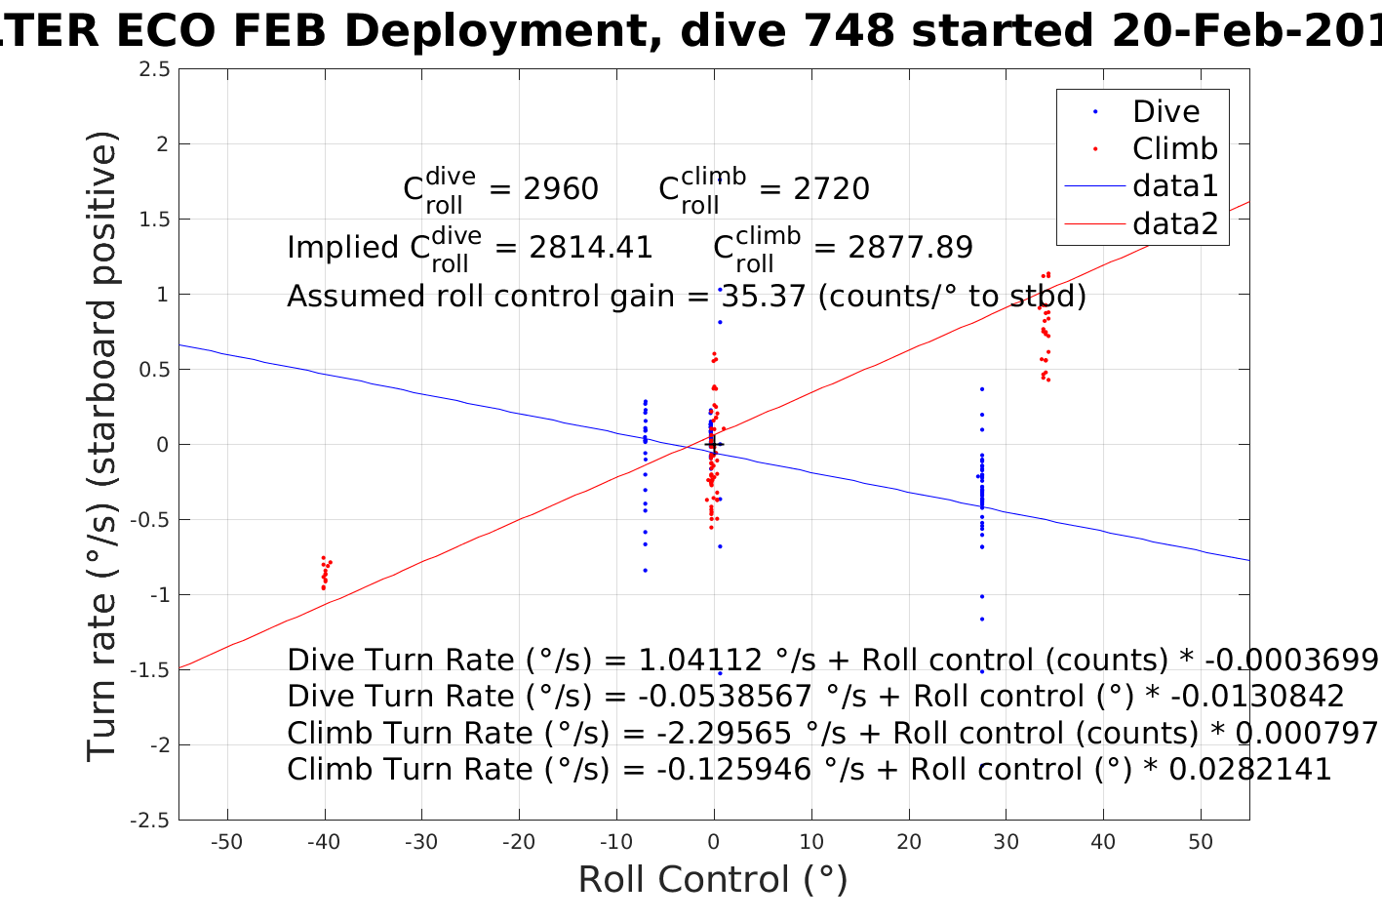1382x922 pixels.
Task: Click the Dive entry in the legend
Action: coord(1165,111)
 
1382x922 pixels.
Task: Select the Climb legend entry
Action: coord(1174,148)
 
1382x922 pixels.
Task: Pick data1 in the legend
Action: coord(1174,185)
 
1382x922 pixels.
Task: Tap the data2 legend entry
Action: coord(1174,223)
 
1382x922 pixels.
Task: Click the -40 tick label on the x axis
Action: coord(324,842)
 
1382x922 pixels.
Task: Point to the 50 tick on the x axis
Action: coord(1201,842)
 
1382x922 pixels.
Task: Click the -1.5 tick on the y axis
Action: coord(152,670)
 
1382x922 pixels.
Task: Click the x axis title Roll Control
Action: coord(713,879)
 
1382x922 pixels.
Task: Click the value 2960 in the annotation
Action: coord(561,188)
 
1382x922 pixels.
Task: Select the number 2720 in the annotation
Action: coord(831,188)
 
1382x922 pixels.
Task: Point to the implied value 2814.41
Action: coord(590,247)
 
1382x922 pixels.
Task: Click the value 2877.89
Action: coord(910,247)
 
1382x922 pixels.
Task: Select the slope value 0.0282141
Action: coord(1249,769)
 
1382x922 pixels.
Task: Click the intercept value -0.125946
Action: coord(733,769)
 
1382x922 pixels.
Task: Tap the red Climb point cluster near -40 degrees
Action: coord(325,572)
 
